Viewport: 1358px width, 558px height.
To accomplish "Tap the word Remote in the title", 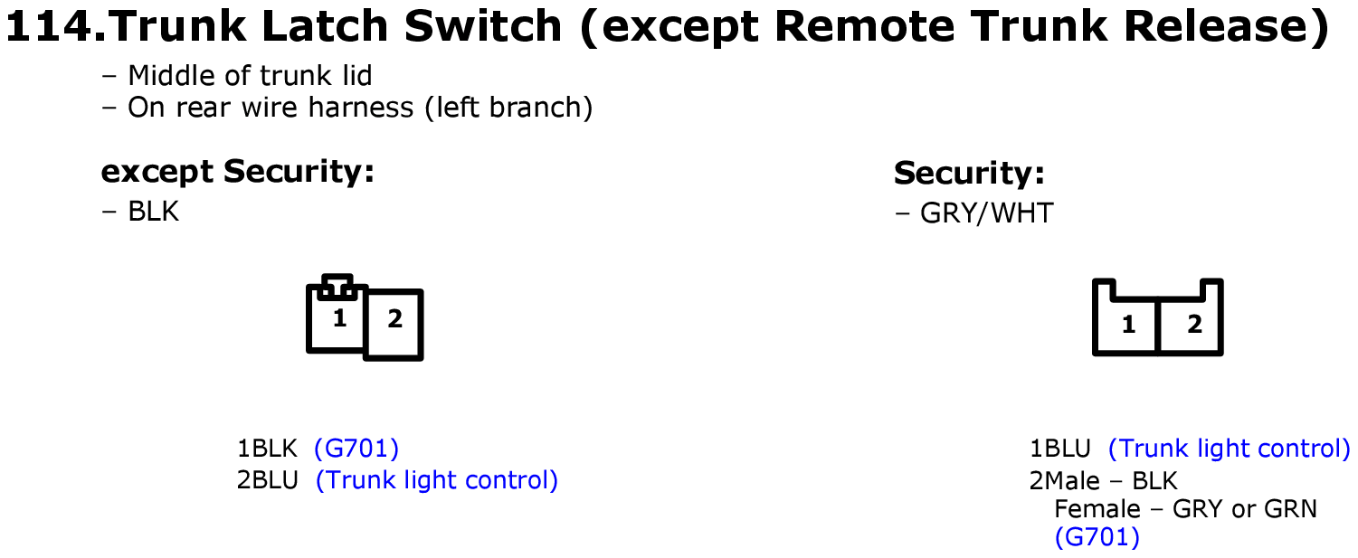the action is click(x=864, y=25).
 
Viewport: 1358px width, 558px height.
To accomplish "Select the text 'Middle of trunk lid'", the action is click(x=250, y=76).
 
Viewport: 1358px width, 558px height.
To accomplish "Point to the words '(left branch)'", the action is click(x=508, y=108).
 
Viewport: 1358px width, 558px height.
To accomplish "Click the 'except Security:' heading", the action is click(x=238, y=172).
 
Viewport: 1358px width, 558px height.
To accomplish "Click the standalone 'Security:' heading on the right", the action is click(x=969, y=173).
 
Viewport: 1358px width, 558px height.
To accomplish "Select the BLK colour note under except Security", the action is click(x=154, y=212).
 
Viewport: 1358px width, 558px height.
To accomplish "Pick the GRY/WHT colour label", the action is click(x=987, y=213).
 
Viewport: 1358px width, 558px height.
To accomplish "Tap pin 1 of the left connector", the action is click(x=339, y=318).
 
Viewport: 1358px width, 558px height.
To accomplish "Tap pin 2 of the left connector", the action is click(x=394, y=318).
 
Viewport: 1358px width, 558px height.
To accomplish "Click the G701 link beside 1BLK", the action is click(x=356, y=449).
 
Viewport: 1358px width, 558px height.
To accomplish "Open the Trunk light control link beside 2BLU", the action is click(x=436, y=480).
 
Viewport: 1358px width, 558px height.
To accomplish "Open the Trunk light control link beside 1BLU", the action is click(x=1230, y=449).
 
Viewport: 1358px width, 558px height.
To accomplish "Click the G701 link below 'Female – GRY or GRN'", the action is click(x=1097, y=537).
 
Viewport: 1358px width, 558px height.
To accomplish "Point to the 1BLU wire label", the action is click(x=1059, y=449).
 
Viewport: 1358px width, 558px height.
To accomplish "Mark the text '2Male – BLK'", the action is click(x=1104, y=481).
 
